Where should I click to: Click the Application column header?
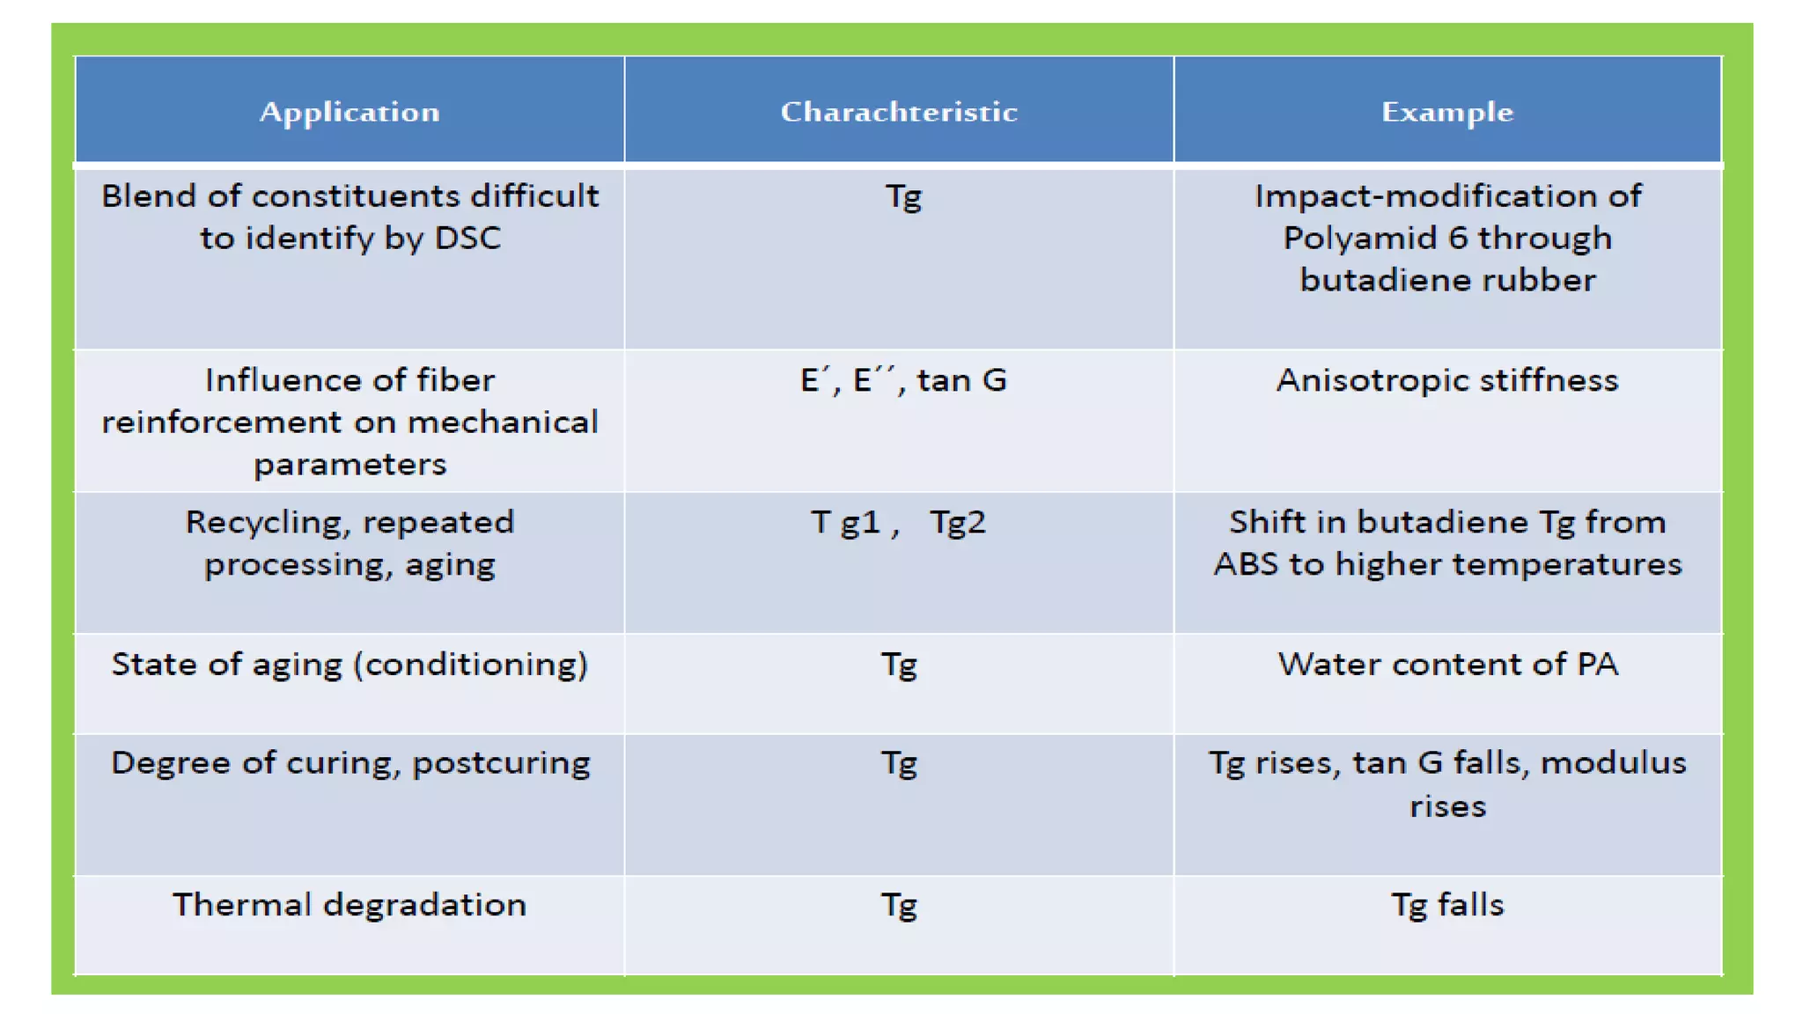[350, 112]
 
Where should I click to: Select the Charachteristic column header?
[899, 112]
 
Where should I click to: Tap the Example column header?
[1447, 112]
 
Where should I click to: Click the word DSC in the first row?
[467, 239]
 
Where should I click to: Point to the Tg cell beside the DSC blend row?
[903, 196]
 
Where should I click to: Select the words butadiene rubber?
[1447, 280]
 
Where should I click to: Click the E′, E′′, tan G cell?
[903, 380]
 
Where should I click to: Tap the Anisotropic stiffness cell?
[1447, 380]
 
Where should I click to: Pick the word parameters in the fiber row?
[350, 464]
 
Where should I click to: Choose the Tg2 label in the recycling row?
[958, 523]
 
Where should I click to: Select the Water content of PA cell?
[1447, 665]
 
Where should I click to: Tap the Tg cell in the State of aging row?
[899, 665]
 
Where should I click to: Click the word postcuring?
[501, 763]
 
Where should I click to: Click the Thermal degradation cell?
[350, 905]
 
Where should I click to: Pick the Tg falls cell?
[1447, 905]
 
